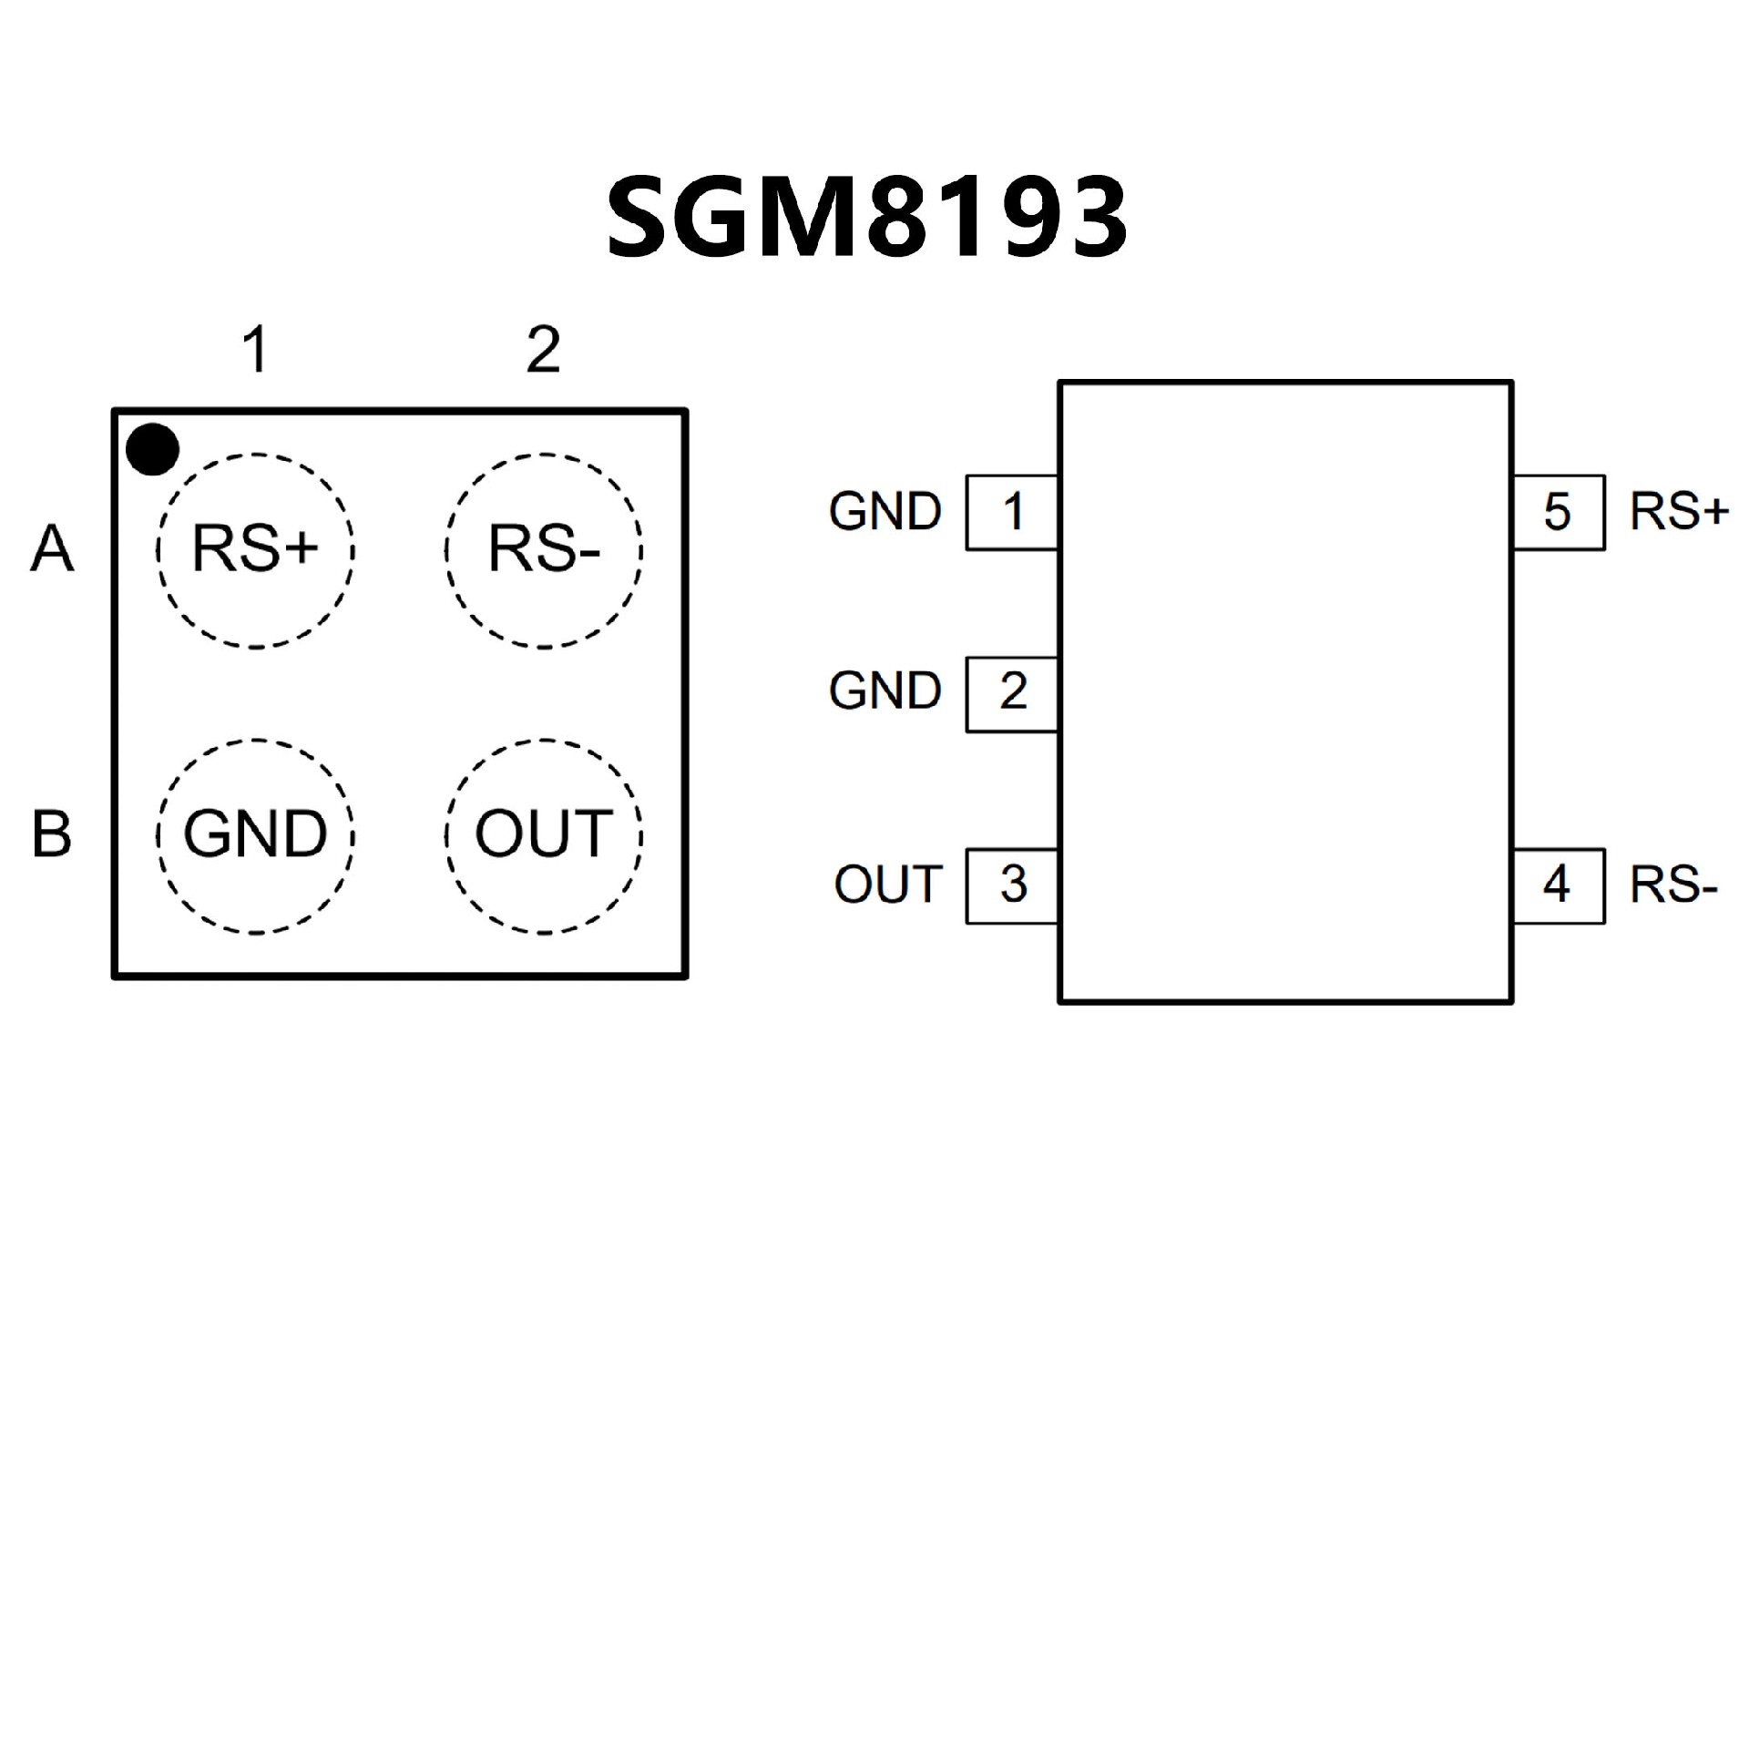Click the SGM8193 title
tap(867, 217)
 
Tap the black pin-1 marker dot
tap(152, 449)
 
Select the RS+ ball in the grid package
tap(255, 550)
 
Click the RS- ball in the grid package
tap(544, 550)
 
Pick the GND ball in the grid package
tap(255, 835)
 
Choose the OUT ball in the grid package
tap(544, 835)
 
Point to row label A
tap(52, 549)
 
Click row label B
tap(52, 834)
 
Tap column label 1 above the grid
tap(256, 350)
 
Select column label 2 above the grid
tap(544, 350)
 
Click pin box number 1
tap(1012, 512)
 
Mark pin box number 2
tap(1012, 692)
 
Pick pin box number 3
tap(1012, 885)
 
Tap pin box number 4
tap(1558, 885)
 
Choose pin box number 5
tap(1558, 512)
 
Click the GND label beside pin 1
tap(885, 512)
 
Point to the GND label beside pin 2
tap(885, 691)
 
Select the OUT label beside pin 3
tap(888, 885)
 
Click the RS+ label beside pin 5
tap(1679, 512)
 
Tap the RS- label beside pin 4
tap(1673, 885)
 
